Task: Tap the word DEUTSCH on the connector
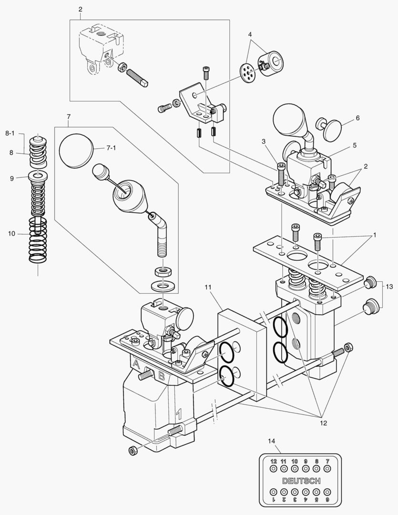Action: pyautogui.click(x=301, y=481)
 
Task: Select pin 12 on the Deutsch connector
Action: pyautogui.click(x=274, y=469)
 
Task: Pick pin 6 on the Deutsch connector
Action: pyautogui.click(x=327, y=492)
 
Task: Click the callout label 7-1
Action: pyautogui.click(x=111, y=148)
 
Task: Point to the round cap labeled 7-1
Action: pyautogui.click(x=75, y=150)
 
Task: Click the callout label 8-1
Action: pyautogui.click(x=10, y=133)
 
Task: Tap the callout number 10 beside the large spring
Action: pyautogui.click(x=11, y=233)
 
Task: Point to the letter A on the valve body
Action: pyautogui.click(x=136, y=365)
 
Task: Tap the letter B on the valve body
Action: pyautogui.click(x=162, y=376)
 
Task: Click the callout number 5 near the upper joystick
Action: pyautogui.click(x=355, y=144)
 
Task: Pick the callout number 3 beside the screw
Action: pyautogui.click(x=263, y=141)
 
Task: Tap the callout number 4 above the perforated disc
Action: pyautogui.click(x=250, y=35)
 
